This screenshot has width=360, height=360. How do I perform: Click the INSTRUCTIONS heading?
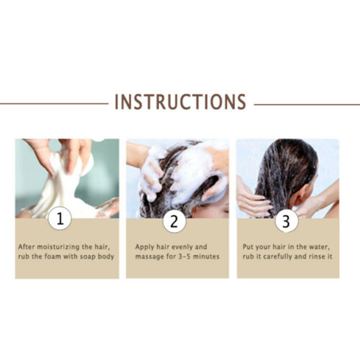click(x=180, y=102)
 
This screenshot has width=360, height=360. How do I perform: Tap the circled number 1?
click(x=60, y=218)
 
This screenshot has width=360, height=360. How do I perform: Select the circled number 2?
click(x=174, y=221)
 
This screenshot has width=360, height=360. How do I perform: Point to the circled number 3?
click(x=286, y=221)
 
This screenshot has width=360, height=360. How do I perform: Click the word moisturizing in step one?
click(x=58, y=247)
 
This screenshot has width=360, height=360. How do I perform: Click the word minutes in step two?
click(x=206, y=256)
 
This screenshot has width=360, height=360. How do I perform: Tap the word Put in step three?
click(x=248, y=247)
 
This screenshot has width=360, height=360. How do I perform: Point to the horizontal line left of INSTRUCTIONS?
click(x=54, y=104)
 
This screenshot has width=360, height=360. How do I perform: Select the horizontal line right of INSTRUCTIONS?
click(x=307, y=104)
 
